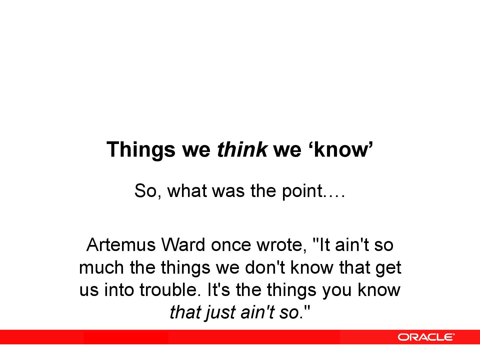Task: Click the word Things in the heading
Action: [141, 150]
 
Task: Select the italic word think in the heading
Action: [242, 149]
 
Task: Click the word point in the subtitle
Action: [302, 191]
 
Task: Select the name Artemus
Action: [121, 245]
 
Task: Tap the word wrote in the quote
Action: [282, 245]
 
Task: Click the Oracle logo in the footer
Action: [426, 337]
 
